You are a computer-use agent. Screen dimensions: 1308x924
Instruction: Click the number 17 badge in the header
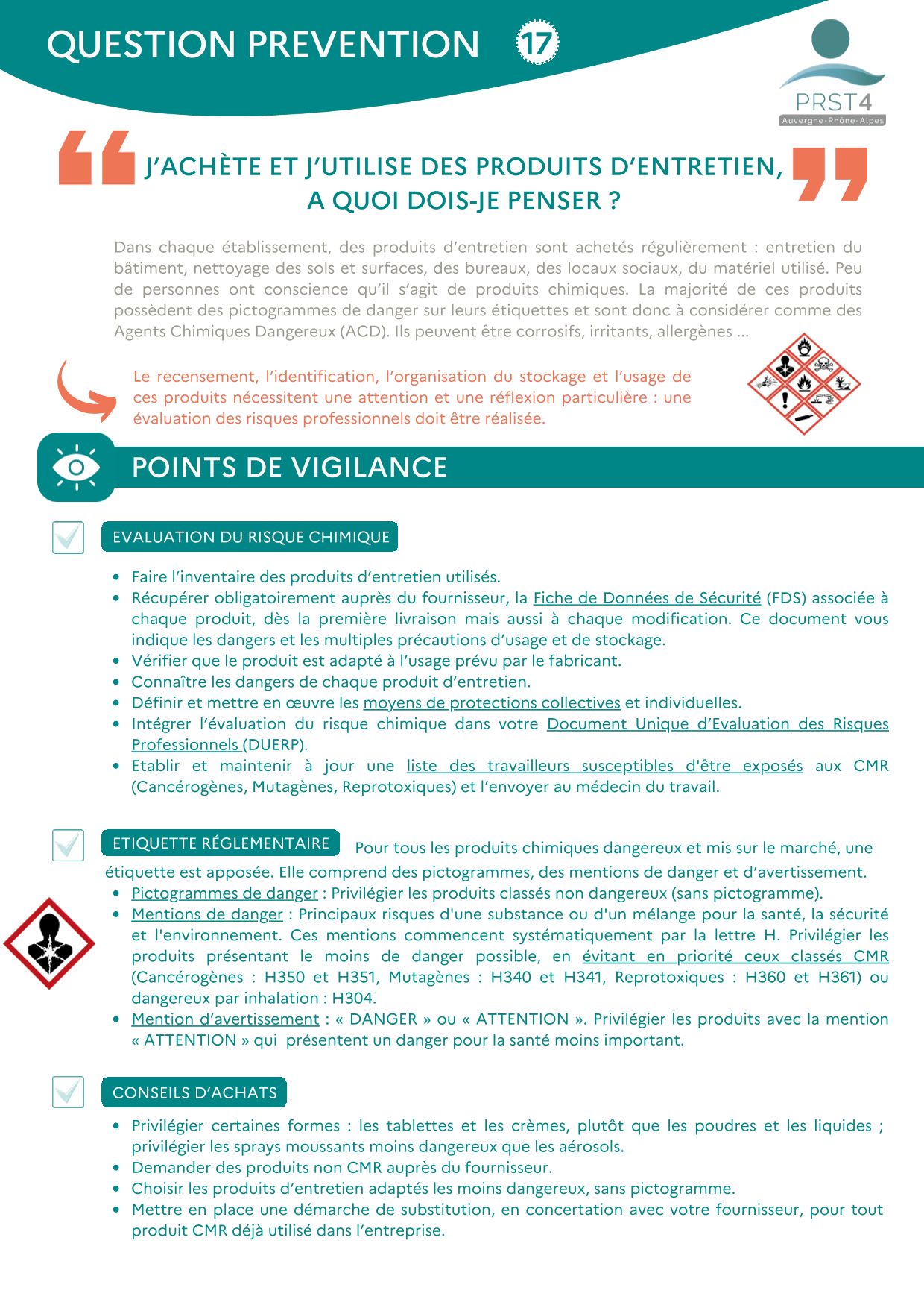coord(537,43)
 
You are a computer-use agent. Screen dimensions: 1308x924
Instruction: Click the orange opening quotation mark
coord(96,157)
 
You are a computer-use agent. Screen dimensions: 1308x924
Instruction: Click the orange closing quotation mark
coord(829,174)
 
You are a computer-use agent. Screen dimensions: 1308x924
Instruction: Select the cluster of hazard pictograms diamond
coord(803,383)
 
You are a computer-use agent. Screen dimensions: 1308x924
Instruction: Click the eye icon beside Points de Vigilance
coord(76,468)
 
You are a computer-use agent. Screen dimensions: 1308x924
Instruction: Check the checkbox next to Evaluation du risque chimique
coord(68,537)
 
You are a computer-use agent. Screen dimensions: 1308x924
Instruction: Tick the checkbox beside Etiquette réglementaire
coord(68,845)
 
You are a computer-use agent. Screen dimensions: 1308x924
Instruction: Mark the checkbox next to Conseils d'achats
coord(68,1092)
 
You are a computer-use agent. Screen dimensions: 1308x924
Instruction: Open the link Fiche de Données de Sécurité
coord(647,598)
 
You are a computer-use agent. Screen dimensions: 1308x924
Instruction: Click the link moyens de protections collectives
coord(491,702)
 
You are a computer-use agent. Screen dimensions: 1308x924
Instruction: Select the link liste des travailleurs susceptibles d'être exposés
coord(604,766)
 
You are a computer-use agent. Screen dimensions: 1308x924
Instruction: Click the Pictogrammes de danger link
coord(224,893)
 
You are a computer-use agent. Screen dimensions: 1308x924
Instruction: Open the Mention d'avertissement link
coord(225,1019)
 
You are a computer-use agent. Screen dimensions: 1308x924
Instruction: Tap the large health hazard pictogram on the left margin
coord(49,943)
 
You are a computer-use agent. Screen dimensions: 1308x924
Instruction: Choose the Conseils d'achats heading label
coord(194,1092)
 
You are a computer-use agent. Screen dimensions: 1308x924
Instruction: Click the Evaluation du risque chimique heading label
coord(250,537)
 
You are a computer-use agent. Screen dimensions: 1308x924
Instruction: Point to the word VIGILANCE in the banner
coord(369,468)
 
